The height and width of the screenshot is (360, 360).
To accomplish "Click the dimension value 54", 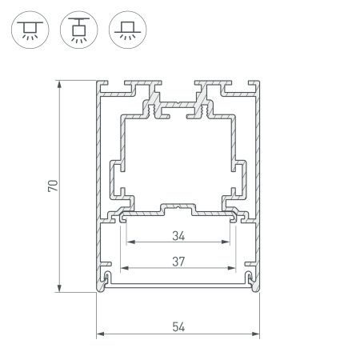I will [178, 326].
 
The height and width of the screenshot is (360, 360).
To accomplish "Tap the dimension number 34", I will [178, 236].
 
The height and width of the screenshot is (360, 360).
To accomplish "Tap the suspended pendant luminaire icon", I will [78, 30].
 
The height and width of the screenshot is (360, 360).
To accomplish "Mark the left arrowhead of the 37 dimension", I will [122, 267].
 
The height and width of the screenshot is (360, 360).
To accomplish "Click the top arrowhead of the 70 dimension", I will [60, 84].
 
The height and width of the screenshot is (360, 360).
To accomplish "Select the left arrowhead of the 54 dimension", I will [100, 334].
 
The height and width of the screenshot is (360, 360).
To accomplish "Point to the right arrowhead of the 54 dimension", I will [257, 334].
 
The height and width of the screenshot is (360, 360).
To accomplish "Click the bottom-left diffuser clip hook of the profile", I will [106, 278].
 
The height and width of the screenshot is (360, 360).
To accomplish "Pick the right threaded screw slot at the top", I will [207, 95].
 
